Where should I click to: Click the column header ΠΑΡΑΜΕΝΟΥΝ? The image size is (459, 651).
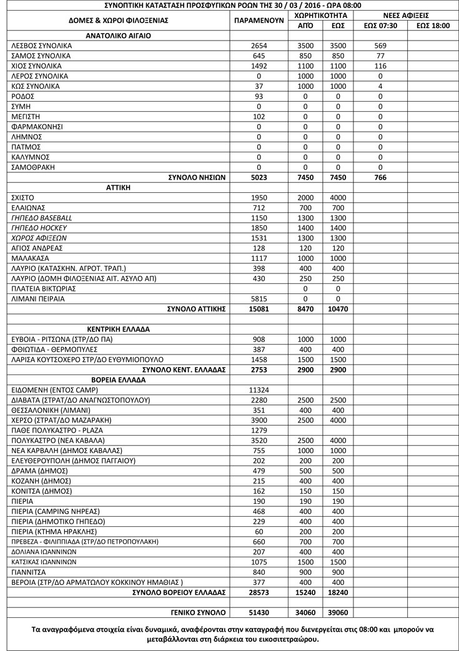[x=259, y=21]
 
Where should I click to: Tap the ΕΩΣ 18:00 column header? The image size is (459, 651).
[x=432, y=26]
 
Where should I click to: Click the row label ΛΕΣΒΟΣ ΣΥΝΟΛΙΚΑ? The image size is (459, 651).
[x=42, y=46]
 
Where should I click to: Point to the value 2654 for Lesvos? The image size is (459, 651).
[x=259, y=46]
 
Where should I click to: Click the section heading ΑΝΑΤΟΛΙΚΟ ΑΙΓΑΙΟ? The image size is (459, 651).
[x=118, y=36]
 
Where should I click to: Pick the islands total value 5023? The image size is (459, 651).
[x=259, y=177]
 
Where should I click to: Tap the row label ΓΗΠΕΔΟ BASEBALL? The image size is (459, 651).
[x=42, y=218]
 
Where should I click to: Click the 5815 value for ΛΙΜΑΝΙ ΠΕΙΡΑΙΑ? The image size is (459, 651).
[x=259, y=298]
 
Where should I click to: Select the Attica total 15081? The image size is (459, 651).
[x=259, y=308]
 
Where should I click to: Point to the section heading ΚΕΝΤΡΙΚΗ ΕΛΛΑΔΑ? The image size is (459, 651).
[x=118, y=329]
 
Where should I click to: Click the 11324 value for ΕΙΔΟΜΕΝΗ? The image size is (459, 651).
[x=259, y=389]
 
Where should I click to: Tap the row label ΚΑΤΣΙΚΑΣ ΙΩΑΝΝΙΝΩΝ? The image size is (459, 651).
[x=44, y=561]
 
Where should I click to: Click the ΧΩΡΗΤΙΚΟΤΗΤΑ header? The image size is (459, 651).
[x=321, y=14]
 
